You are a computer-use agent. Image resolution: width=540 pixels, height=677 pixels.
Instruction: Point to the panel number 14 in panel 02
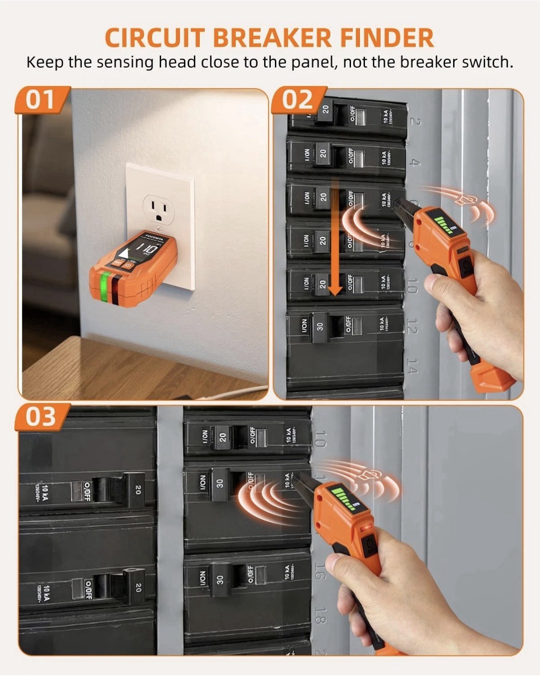click(412, 365)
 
